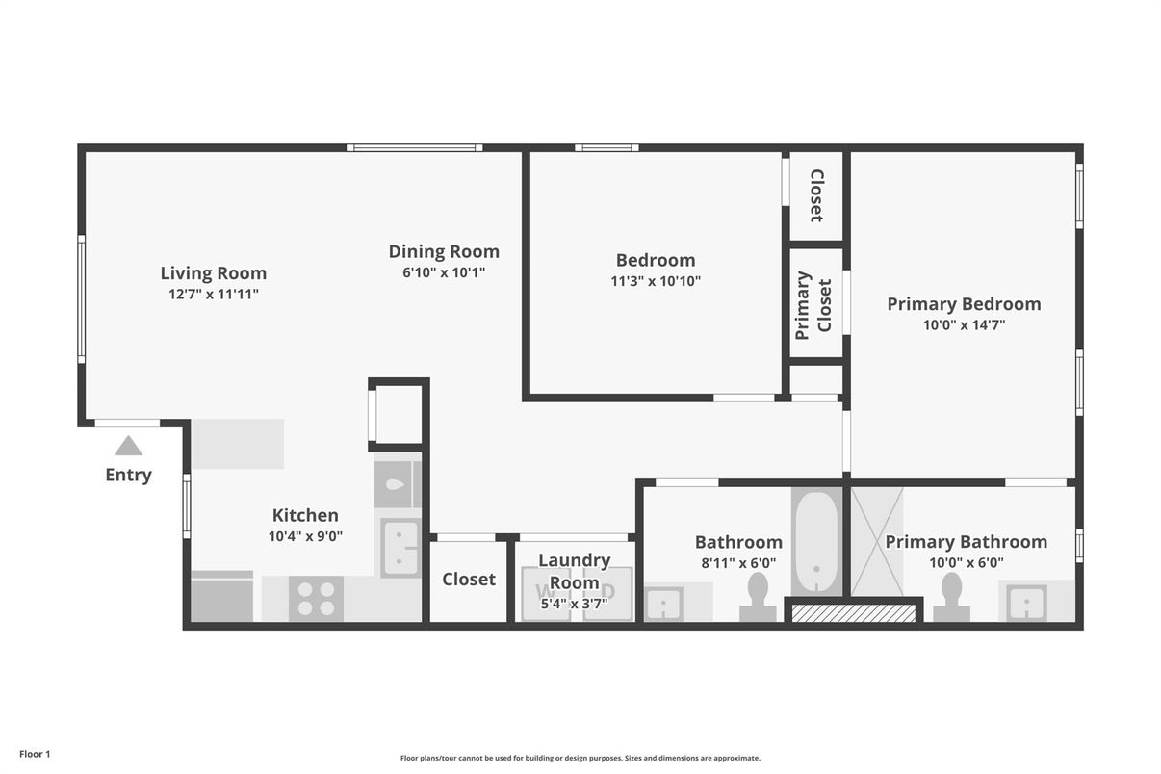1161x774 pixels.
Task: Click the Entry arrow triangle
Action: click(x=128, y=446)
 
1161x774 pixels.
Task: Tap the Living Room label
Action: click(x=213, y=272)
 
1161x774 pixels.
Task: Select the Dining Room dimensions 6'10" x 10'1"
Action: click(x=444, y=272)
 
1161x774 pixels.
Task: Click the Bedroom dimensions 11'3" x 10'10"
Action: click(x=655, y=281)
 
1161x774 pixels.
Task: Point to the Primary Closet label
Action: click(x=814, y=304)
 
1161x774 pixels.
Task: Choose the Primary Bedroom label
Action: click(x=964, y=304)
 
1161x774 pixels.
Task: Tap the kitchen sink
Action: click(x=400, y=548)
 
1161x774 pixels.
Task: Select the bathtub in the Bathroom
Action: click(x=815, y=542)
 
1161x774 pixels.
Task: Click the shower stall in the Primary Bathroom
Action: click(x=876, y=542)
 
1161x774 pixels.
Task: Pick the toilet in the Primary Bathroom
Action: click(x=952, y=597)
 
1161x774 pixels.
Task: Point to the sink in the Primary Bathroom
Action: click(x=1025, y=604)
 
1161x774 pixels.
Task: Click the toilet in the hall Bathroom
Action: click(x=758, y=597)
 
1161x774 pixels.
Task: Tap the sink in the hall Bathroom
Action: click(x=662, y=605)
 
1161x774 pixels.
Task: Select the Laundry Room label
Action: click(x=574, y=571)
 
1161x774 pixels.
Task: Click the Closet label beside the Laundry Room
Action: click(x=469, y=579)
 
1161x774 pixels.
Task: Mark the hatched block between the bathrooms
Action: click(x=853, y=612)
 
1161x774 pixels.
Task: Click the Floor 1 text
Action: click(x=35, y=754)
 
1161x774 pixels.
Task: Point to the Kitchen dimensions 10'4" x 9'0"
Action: click(x=305, y=536)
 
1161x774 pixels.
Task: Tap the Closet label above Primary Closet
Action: click(x=816, y=195)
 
